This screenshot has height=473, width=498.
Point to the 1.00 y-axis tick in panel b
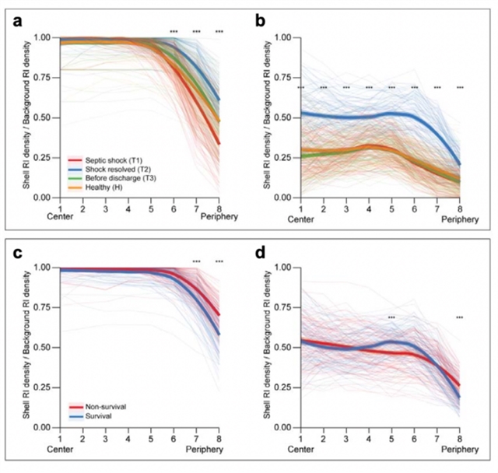[287, 37]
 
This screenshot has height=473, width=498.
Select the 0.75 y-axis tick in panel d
[287, 307]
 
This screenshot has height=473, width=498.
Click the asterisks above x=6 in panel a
[174, 32]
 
